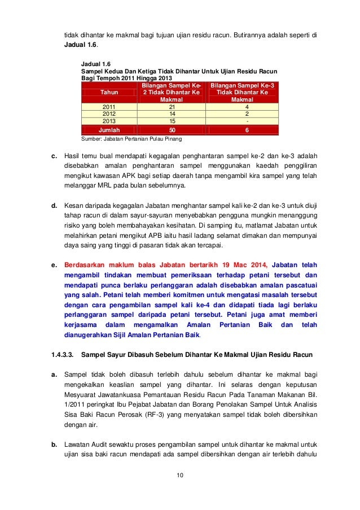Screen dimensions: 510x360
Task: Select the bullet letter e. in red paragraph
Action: tap(54, 264)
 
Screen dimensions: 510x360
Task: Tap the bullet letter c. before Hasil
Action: tap(54, 155)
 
